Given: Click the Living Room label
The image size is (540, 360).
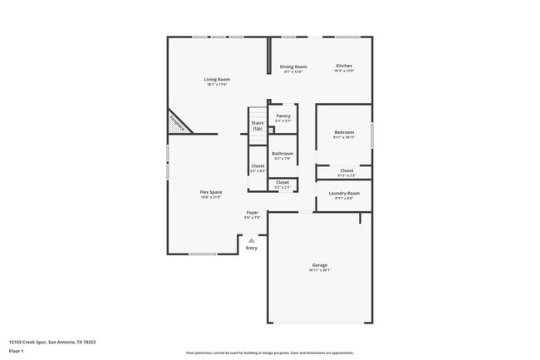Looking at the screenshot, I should [x=216, y=80].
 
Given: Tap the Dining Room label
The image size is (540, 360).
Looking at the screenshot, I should [x=293, y=67].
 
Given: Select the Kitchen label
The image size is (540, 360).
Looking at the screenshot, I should [x=344, y=66].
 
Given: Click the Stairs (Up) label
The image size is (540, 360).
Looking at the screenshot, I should [x=258, y=126].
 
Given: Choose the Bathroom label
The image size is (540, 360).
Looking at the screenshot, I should [x=282, y=153].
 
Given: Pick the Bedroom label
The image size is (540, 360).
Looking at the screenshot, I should [x=344, y=132].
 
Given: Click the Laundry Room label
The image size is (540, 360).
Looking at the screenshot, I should [x=344, y=194].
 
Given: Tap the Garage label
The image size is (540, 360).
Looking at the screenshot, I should [x=320, y=265].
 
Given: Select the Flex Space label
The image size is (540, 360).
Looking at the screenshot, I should [x=210, y=192].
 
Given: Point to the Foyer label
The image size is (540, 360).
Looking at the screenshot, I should [x=252, y=213].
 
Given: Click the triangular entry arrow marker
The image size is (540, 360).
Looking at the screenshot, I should [x=251, y=240].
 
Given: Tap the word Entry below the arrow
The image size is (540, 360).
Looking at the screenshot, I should [x=251, y=248].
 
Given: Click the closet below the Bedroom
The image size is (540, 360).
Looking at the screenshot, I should [x=345, y=171].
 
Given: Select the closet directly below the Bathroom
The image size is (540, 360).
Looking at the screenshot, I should [x=282, y=184].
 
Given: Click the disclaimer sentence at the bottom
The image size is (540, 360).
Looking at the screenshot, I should [x=269, y=353].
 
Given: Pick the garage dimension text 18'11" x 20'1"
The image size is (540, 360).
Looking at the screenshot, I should [x=320, y=270].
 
